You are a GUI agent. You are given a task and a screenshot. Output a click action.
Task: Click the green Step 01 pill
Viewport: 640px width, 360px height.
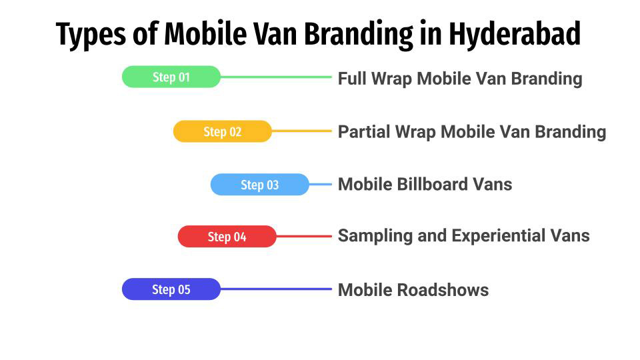pos(171,77)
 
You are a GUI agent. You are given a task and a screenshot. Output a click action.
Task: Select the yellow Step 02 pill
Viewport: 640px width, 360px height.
pos(222,131)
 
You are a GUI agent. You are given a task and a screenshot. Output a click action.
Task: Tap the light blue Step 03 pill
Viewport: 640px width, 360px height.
pos(259,185)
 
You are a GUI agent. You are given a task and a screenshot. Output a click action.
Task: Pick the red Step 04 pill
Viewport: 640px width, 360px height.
pos(227,237)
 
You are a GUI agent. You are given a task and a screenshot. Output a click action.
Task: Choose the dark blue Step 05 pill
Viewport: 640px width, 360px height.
pos(171,289)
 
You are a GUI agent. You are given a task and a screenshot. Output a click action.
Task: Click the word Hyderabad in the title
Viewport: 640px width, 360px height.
pos(514,34)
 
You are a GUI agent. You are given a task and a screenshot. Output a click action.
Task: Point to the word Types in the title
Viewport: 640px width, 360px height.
pos(91,35)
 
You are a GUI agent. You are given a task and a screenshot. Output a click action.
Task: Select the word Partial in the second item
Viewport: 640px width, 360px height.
pos(365,131)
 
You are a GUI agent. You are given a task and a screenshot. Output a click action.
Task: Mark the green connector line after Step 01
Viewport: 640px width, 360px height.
pos(275,77)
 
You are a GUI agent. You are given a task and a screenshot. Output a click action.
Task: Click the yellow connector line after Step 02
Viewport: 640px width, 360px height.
pos(301,131)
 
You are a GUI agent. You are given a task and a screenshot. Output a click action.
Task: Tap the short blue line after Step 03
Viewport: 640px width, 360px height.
pos(321,185)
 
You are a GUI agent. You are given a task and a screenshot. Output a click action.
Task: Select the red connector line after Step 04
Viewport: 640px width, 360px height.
pos(303,237)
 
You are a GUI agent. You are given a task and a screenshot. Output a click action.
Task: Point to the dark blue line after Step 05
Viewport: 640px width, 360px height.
pos(275,289)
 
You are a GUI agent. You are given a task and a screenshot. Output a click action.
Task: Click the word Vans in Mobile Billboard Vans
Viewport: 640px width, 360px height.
pos(491,184)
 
